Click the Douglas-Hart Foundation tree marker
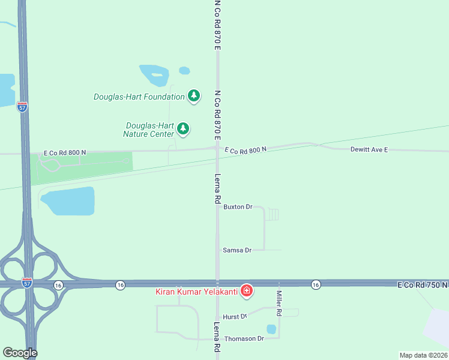click(x=193, y=96)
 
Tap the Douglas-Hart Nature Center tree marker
click(x=183, y=128)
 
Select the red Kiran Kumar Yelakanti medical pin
click(x=246, y=292)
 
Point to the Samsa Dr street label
click(x=236, y=250)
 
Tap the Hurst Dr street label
click(x=235, y=316)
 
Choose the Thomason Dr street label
click(x=244, y=338)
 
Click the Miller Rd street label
click(x=279, y=304)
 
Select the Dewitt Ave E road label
click(x=369, y=149)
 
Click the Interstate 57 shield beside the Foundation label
click(x=22, y=107)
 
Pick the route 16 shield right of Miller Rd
click(x=316, y=284)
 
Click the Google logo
click(x=20, y=353)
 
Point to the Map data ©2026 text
click(x=423, y=355)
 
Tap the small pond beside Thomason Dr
click(x=271, y=329)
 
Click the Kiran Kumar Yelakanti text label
click(x=197, y=292)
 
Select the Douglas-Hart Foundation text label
click(x=139, y=97)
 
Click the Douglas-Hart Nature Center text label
click(x=149, y=130)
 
